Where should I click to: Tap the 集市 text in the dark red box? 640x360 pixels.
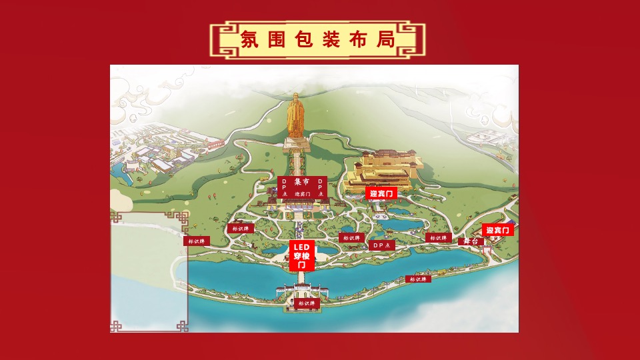pyautogui.click(x=302, y=182)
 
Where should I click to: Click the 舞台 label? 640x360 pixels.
pyautogui.click(x=471, y=241)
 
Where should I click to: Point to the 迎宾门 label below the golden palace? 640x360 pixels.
pyautogui.click(x=382, y=193)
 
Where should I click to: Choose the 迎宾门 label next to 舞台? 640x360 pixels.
pyautogui.click(x=498, y=230)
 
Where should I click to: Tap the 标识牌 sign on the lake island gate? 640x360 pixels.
pyautogui.click(x=307, y=303)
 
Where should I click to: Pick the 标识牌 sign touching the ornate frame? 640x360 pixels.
pyautogui.click(x=197, y=241)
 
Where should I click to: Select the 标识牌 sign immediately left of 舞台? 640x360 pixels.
pyautogui.click(x=437, y=238)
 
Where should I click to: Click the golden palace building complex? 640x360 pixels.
pyautogui.click(x=381, y=170)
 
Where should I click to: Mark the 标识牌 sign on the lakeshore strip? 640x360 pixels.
pyautogui.click(x=418, y=279)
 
